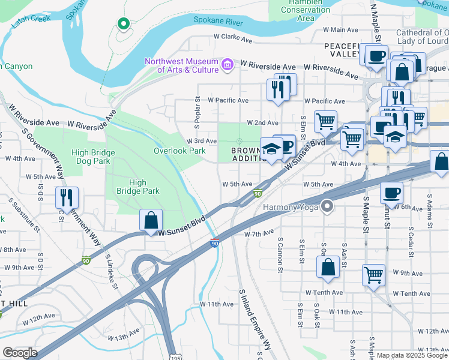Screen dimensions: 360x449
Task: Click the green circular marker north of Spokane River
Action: (x=124, y=24)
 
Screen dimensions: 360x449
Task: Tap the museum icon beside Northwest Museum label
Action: (x=228, y=64)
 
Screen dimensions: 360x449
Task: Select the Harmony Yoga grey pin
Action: (x=327, y=207)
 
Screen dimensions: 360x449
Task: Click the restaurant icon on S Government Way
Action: (x=67, y=197)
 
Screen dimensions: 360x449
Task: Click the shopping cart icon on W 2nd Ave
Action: (x=325, y=121)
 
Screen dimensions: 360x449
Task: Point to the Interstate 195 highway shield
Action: (x=172, y=355)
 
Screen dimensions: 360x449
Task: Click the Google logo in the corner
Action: (x=19, y=353)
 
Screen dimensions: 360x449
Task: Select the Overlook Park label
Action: (x=179, y=151)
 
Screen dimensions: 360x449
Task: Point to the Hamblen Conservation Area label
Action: (x=306, y=11)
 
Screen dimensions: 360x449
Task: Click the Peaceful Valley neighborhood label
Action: (x=343, y=50)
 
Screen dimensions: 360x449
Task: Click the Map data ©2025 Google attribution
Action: (x=412, y=355)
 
